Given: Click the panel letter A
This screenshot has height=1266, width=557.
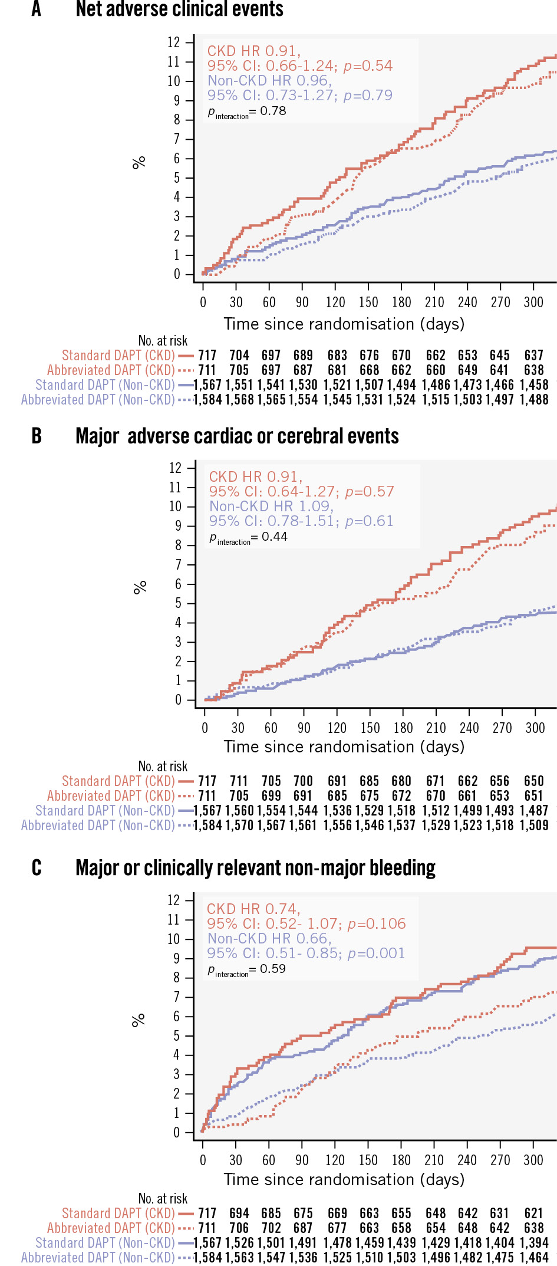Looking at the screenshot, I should pos(37,9).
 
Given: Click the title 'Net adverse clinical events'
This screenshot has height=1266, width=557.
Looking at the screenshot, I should pos(180,9).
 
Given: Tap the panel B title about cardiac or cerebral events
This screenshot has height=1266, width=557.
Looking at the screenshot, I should pos(237,436).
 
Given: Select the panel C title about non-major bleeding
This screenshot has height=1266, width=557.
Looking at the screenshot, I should pos(255,868).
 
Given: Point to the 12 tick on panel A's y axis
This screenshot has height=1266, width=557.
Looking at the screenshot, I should pos(174,42).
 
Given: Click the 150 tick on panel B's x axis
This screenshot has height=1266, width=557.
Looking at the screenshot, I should pos(370,728).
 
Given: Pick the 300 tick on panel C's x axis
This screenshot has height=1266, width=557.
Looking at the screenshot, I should pos(533,1160).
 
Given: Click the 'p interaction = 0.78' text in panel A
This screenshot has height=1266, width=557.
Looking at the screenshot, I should pos(247,111).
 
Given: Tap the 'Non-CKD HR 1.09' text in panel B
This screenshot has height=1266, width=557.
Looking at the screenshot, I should pos(272,506).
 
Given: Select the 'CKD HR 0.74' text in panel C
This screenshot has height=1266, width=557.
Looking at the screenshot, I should pos(253,909).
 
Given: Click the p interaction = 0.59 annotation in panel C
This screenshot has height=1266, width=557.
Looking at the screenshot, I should pos(246,969).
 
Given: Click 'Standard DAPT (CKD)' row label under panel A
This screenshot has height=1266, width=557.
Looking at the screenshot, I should pos(118,356).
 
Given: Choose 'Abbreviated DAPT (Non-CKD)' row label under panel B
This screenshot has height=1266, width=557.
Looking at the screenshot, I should pos(98,826).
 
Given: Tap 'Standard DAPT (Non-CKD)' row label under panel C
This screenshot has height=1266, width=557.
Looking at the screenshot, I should pos(105,1242).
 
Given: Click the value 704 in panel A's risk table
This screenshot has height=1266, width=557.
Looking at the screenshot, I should pos(239,356).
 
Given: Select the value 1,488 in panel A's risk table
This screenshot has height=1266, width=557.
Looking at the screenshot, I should pos(534,400).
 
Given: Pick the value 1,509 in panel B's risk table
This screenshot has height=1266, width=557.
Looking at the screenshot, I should pos(534,826).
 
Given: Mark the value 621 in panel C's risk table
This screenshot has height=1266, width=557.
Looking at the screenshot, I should pos(534,1213).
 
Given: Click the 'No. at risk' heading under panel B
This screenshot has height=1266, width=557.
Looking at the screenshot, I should pos(163,766).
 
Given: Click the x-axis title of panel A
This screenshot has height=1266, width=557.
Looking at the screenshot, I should pos(344,324).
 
